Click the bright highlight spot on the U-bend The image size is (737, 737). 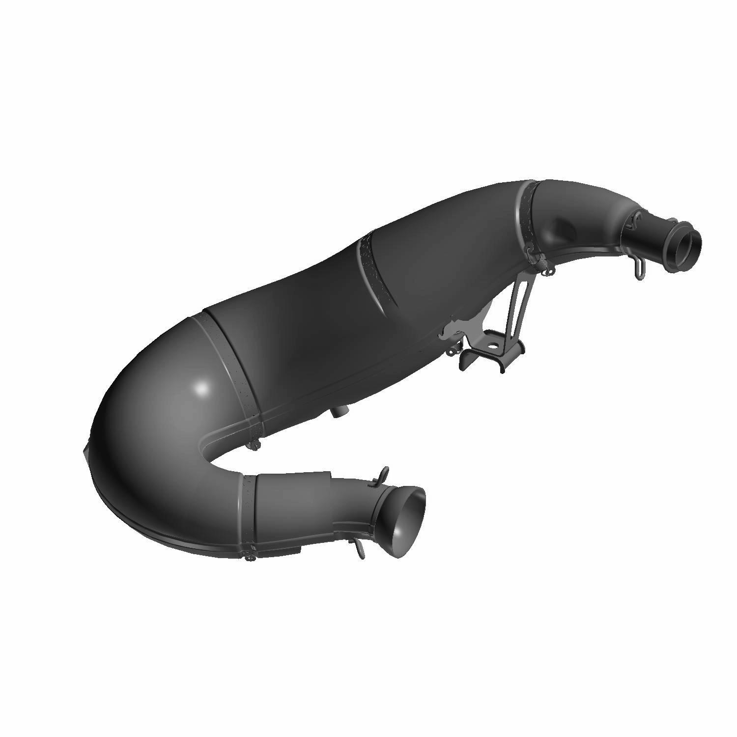click(x=201, y=388)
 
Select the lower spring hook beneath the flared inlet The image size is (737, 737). click(x=360, y=549)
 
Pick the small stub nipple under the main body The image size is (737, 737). click(x=338, y=411)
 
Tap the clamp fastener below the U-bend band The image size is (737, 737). click(x=254, y=445)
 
